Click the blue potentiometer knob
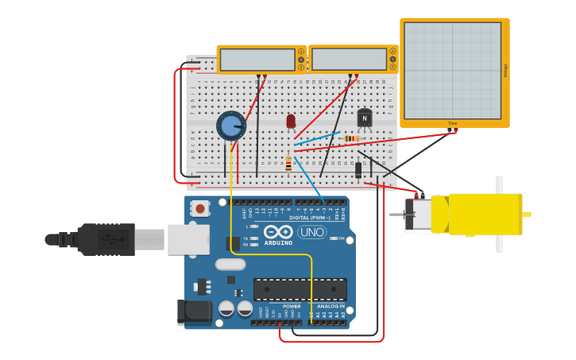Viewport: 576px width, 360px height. coord(230,126)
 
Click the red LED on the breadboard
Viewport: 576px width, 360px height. coord(291,121)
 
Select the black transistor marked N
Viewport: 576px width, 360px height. coord(365,118)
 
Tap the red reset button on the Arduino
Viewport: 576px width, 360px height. coord(200,208)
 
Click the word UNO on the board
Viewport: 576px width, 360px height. coord(311,232)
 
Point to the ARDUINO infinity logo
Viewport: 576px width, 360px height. coord(278,232)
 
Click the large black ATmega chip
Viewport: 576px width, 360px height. coord(300,289)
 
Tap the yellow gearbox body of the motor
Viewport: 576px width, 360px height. coord(485,214)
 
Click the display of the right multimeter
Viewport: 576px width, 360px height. coord(348,60)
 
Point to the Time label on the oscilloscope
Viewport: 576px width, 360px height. coord(452,123)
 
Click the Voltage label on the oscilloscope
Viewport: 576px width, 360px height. coord(505,71)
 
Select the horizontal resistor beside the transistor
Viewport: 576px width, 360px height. coord(350,138)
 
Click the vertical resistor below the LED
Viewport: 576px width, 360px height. coord(288,164)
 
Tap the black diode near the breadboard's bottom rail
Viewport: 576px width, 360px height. coord(358,169)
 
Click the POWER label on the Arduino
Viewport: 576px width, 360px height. coord(292,306)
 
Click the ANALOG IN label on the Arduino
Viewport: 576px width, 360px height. coord(331,306)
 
